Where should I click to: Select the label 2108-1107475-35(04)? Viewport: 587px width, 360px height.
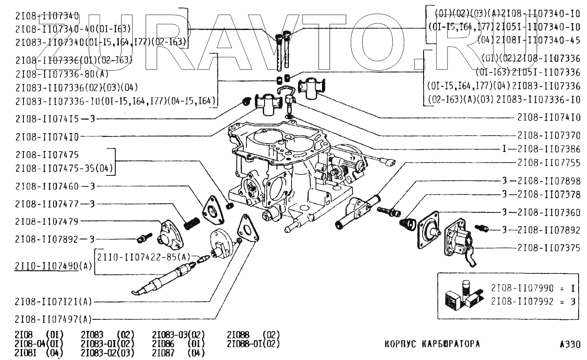point(64,168)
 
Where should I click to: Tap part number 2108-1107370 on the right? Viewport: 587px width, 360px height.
point(549,135)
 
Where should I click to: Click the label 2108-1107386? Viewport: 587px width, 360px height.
point(549,149)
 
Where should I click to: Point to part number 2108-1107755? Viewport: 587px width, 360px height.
point(549,163)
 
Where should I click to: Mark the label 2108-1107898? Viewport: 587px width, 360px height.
point(549,181)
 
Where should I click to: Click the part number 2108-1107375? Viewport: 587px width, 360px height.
point(549,248)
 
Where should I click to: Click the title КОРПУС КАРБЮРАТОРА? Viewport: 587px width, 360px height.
point(432,344)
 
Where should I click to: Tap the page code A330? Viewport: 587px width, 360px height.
point(569,344)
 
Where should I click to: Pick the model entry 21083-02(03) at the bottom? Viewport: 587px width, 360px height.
point(107,353)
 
